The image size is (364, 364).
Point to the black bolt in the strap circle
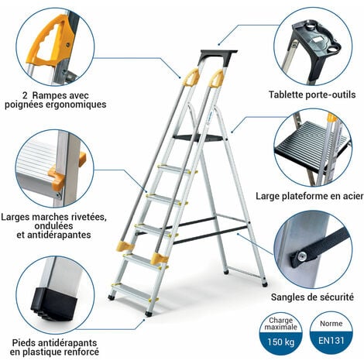tap(296, 256)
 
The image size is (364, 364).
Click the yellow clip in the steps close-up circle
tap(56, 179)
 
